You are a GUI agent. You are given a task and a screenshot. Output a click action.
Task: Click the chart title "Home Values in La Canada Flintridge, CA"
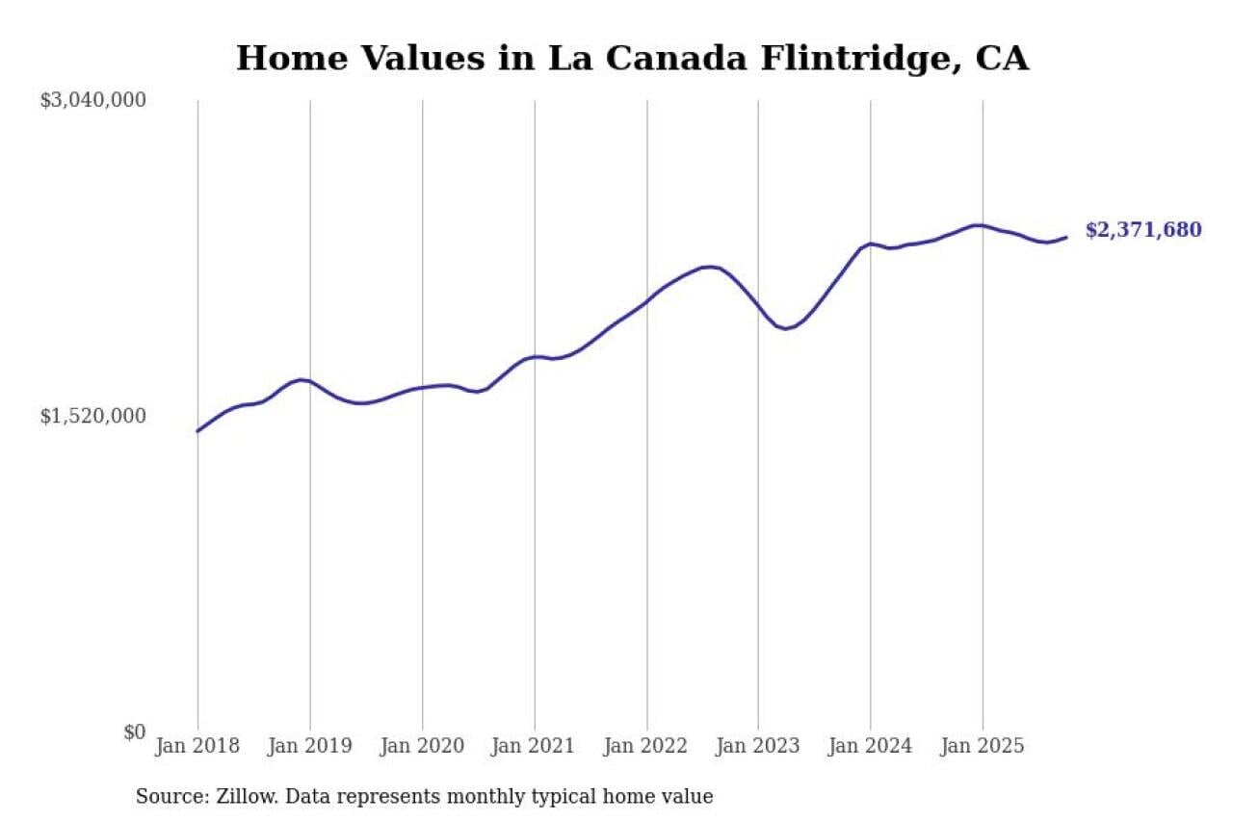[632, 58]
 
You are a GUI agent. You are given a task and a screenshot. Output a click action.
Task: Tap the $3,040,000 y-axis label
[92, 100]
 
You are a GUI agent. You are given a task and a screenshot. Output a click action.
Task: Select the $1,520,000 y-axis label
[92, 416]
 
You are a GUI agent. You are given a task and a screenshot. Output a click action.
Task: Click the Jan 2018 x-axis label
[197, 746]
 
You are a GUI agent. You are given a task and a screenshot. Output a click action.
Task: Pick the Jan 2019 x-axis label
[310, 746]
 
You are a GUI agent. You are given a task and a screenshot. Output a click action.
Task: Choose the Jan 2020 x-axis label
[422, 746]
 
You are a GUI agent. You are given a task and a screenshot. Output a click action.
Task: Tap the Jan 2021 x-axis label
[534, 746]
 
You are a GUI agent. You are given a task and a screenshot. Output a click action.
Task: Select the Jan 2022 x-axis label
[646, 746]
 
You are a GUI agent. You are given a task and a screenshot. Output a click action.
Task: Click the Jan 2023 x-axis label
[758, 746]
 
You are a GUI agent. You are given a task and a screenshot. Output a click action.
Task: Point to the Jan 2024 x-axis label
[870, 746]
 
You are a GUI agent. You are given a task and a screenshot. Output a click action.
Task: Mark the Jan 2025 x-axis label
[983, 746]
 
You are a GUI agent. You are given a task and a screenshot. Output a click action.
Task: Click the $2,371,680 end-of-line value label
[1143, 231]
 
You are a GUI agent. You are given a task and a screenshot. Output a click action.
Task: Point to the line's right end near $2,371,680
[1066, 237]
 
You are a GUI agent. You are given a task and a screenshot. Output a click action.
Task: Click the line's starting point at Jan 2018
[197, 431]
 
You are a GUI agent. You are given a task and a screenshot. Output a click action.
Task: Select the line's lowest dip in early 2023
[787, 329]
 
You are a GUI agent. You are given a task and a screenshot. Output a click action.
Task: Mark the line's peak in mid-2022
[710, 267]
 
